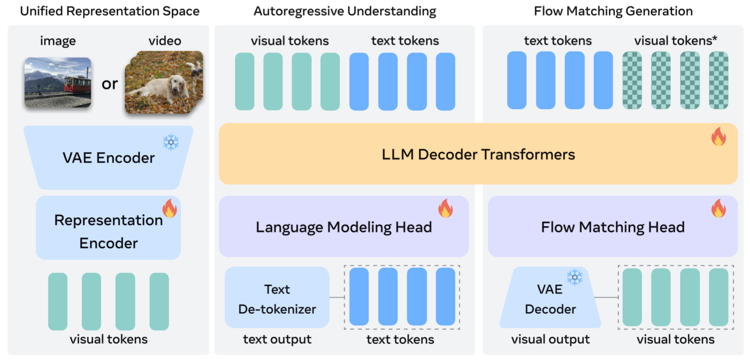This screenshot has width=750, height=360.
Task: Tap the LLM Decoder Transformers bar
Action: click(x=478, y=154)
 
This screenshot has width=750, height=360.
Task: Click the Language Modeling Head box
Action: click(x=343, y=227)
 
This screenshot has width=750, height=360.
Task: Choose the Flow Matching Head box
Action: click(x=612, y=227)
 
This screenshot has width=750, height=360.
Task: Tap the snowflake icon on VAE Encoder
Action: click(x=171, y=142)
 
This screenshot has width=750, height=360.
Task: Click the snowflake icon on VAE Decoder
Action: click(x=574, y=278)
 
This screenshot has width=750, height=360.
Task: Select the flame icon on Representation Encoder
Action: click(x=170, y=208)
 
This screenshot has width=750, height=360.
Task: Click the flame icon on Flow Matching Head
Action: click(x=718, y=208)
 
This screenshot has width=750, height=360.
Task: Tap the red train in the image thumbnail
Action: click(x=77, y=84)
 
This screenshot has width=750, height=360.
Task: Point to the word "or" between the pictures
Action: click(x=110, y=83)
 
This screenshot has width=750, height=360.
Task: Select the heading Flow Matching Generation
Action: click(x=613, y=11)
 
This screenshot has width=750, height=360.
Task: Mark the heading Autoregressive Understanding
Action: click(x=344, y=11)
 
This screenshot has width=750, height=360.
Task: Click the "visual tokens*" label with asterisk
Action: click(x=675, y=40)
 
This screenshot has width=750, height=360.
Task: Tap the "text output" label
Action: click(x=277, y=340)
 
